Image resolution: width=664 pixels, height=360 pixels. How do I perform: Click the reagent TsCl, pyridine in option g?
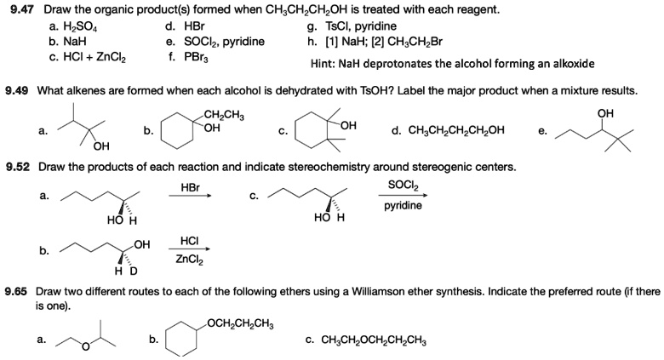tap(359, 26)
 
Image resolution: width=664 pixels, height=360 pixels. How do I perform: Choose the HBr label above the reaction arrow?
tap(191, 186)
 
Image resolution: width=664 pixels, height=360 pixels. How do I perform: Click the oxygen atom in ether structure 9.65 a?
tap(85, 346)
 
